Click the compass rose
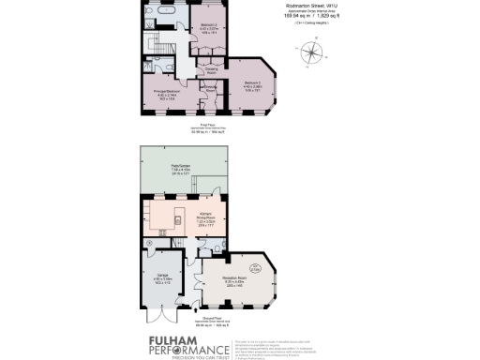309,53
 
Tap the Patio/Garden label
179,170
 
